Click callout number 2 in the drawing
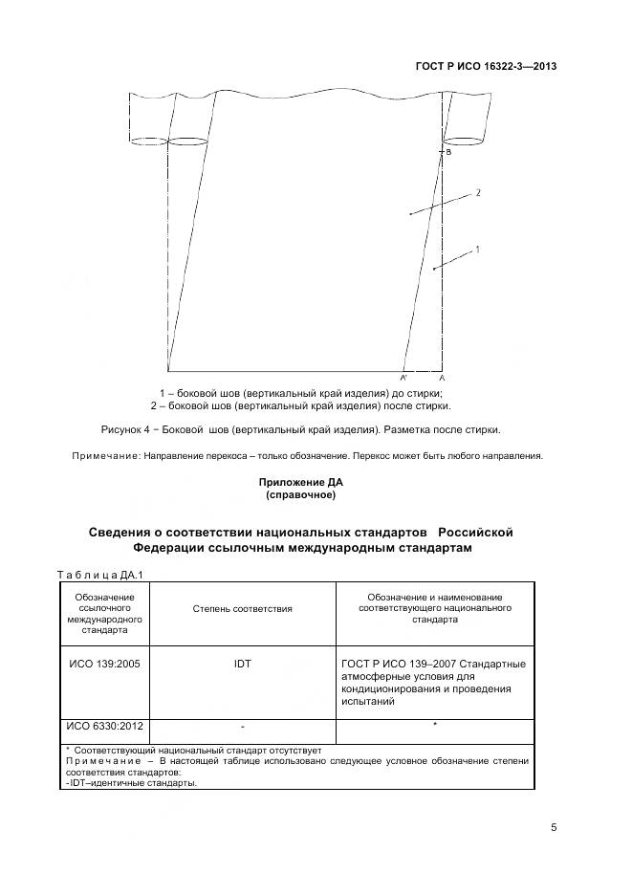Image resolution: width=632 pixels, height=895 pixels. pos(478,192)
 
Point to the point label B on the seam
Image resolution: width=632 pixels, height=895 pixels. pos(448,152)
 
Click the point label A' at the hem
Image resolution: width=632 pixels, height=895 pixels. pos(404,379)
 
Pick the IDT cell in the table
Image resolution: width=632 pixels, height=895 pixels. pos(242,664)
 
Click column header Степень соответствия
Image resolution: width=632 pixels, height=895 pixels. pos(242,608)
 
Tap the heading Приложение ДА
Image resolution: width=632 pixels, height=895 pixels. pos(300,483)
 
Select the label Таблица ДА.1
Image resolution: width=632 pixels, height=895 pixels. pos(99,574)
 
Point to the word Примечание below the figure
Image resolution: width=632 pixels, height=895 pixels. pos(106,455)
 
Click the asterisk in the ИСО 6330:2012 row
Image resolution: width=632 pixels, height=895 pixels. pos(435,725)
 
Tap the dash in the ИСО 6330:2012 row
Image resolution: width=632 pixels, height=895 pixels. pos(242,727)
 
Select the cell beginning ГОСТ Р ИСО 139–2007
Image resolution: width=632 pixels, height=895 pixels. pos(434,682)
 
